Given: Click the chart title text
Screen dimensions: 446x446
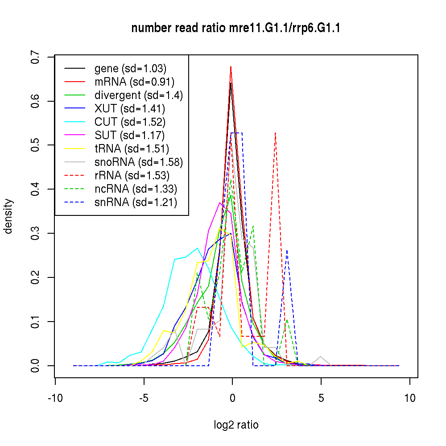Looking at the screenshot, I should [236, 29].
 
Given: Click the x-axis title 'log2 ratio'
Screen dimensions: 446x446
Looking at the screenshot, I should [236, 425].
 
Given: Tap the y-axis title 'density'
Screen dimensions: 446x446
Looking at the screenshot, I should [8, 216].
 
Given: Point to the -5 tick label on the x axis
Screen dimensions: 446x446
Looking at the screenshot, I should [144, 398].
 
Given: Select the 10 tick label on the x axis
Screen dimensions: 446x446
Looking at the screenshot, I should [410, 398].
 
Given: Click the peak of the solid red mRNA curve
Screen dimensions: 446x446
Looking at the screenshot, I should [231, 67].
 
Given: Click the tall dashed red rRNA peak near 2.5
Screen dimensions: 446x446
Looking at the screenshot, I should [276, 133].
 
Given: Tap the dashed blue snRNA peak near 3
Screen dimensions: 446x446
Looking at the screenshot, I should [287, 250].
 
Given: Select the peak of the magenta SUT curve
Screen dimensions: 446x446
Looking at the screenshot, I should [219, 202].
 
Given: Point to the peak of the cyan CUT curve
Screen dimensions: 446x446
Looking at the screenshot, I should [197, 248].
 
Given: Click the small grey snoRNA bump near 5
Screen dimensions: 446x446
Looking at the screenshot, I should [321, 357].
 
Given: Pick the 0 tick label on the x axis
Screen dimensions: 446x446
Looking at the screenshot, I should [232, 398].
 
